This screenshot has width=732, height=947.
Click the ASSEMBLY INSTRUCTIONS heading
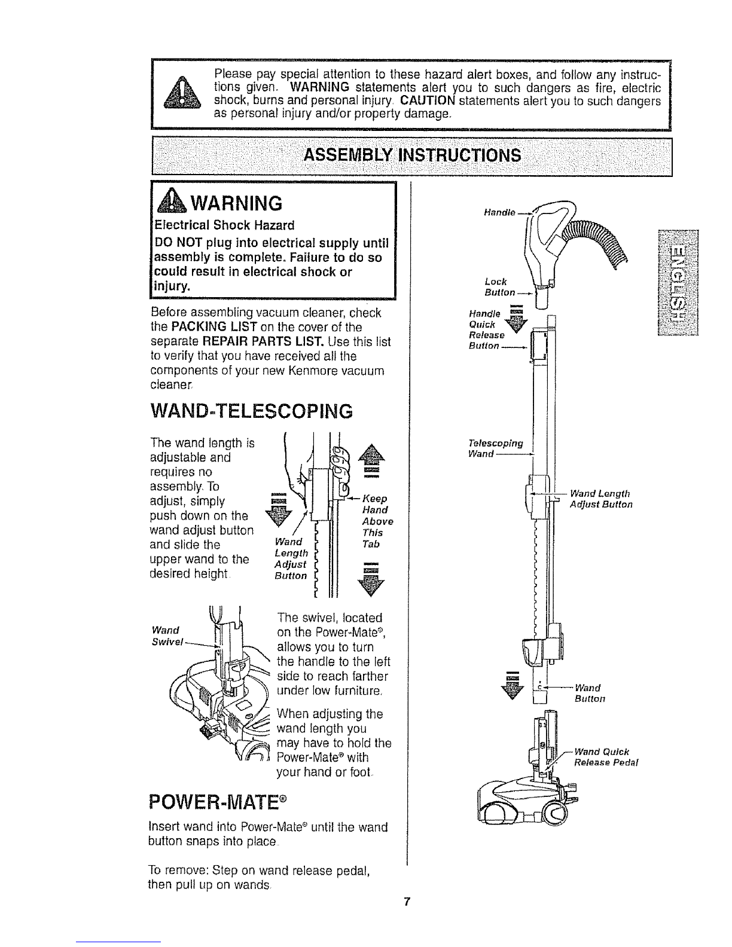click(412, 155)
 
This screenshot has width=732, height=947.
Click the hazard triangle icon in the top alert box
click(182, 92)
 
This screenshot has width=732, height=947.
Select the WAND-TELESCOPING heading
click(251, 411)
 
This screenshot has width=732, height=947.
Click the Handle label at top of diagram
click(499, 213)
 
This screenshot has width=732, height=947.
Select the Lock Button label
click(499, 287)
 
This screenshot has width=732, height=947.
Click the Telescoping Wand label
click(496, 448)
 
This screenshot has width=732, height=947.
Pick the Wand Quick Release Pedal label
click(606, 757)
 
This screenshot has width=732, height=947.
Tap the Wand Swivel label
click(167, 636)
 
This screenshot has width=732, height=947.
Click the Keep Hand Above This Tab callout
click(377, 521)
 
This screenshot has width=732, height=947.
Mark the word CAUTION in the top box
click(428, 101)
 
